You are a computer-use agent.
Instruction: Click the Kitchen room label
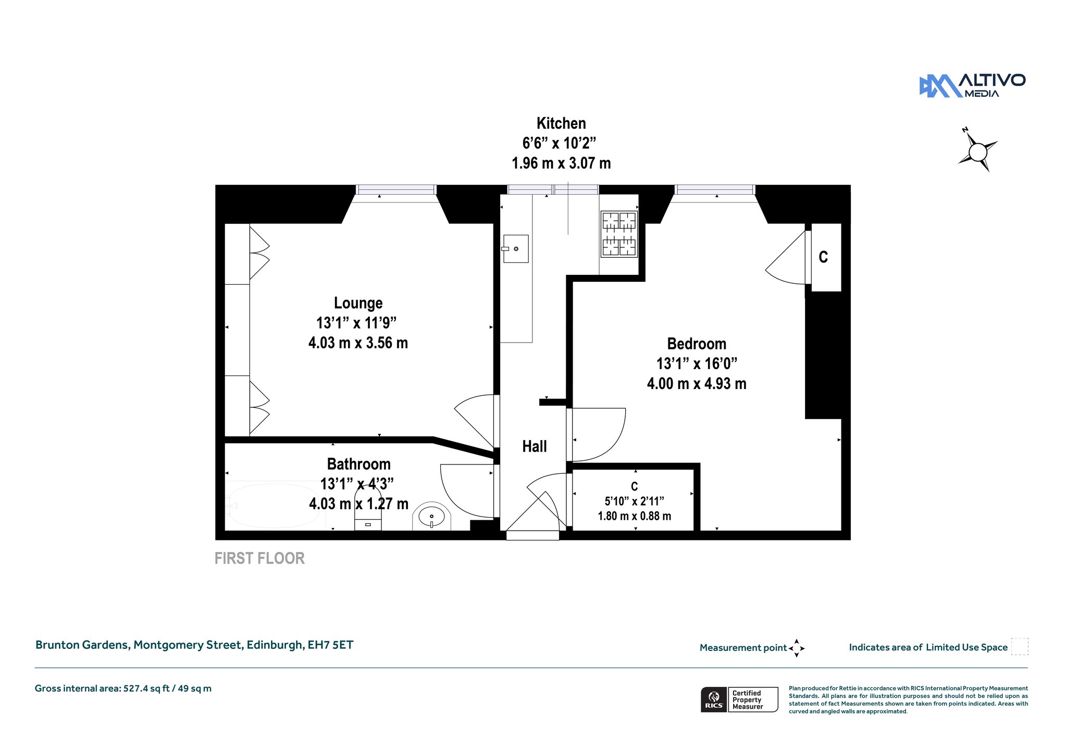pos(561,123)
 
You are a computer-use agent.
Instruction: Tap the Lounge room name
pos(358,303)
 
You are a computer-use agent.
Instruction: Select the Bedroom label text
pos(697,344)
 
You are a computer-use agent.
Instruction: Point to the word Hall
pos(535,446)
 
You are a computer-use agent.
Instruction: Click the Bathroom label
pos(358,464)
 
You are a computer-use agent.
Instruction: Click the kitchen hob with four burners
pos(619,234)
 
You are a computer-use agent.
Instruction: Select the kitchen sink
pos(516,249)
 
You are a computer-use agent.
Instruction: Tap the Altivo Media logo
pos(972,86)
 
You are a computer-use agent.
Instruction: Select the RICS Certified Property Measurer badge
pos(739,699)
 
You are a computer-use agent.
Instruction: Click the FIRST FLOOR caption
pos(259,559)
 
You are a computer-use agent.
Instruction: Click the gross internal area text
pos(123,688)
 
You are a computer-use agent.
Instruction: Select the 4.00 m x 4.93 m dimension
pos(697,384)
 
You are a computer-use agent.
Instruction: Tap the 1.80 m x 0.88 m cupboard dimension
pos(635,516)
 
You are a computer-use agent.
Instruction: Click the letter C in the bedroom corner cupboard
pos(823,257)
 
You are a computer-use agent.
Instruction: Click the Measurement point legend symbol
pos(797,648)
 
